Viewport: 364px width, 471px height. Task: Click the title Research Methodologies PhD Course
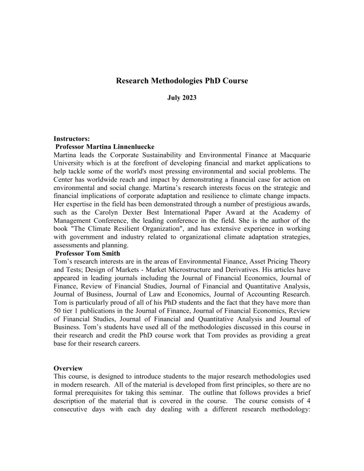pos(182,82)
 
